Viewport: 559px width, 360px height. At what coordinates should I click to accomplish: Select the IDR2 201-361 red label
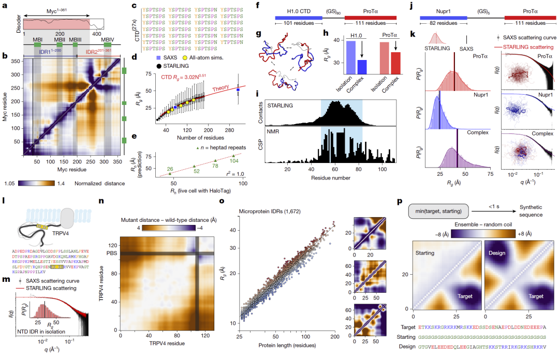click(100, 52)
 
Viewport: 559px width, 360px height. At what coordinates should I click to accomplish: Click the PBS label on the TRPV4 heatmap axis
click(111, 252)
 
